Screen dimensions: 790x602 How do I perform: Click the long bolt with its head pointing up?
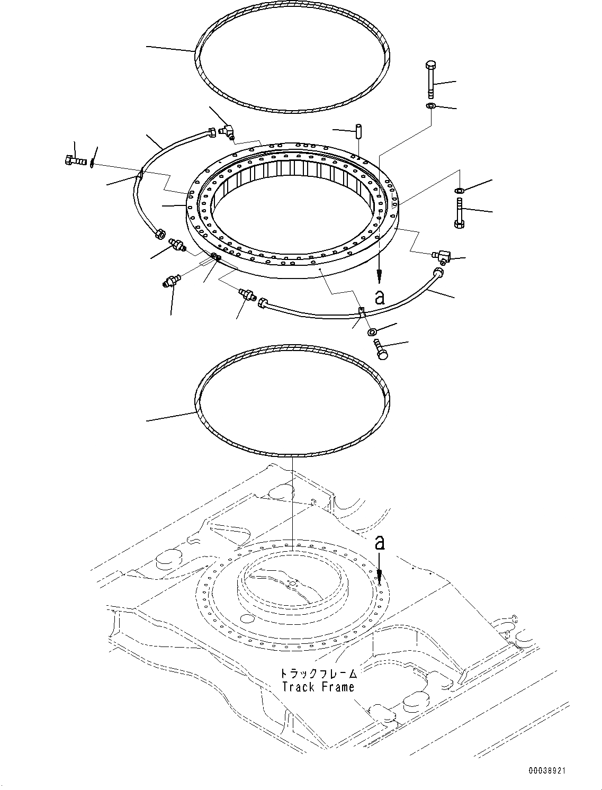(429, 79)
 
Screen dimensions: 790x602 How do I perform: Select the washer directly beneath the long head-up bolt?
(430, 107)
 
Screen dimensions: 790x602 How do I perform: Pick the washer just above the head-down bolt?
(459, 190)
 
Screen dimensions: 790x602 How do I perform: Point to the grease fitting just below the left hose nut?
(176, 245)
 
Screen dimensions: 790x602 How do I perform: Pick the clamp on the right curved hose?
(362, 312)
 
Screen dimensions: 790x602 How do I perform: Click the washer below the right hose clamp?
(372, 332)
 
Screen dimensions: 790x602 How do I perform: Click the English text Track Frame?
(318, 687)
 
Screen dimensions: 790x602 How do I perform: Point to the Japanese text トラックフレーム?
(318, 674)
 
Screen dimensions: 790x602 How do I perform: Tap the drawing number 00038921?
(546, 771)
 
